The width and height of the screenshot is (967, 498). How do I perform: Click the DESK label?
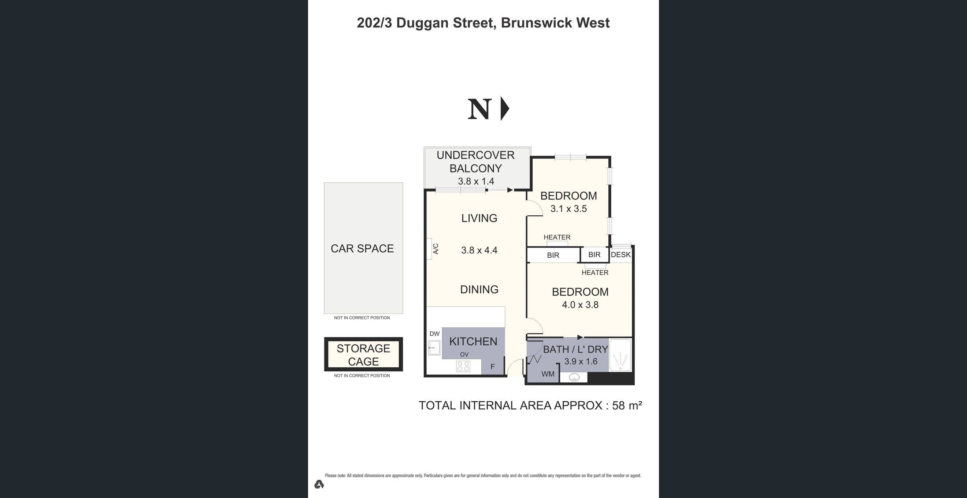[x=620, y=255]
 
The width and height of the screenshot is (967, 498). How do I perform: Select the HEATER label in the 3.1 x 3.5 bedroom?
[x=557, y=237]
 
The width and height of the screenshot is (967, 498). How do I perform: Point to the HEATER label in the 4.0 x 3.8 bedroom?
[x=594, y=272]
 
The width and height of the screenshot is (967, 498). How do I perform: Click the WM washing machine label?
[x=548, y=374]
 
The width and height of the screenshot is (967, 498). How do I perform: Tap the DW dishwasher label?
[x=434, y=334]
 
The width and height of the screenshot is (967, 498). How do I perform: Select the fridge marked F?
[x=493, y=367]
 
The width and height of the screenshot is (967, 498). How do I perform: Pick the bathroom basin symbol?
[x=574, y=377]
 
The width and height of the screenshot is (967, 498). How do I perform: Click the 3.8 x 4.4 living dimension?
[x=479, y=250]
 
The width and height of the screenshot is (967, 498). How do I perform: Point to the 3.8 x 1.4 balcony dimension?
[x=475, y=181]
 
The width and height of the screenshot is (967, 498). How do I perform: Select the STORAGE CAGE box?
[x=363, y=354]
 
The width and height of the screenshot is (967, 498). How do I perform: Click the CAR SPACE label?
[x=362, y=248]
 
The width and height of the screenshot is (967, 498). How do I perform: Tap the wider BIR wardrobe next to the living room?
[x=553, y=255]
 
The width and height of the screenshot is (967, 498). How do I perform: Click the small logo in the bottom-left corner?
[x=319, y=484]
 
